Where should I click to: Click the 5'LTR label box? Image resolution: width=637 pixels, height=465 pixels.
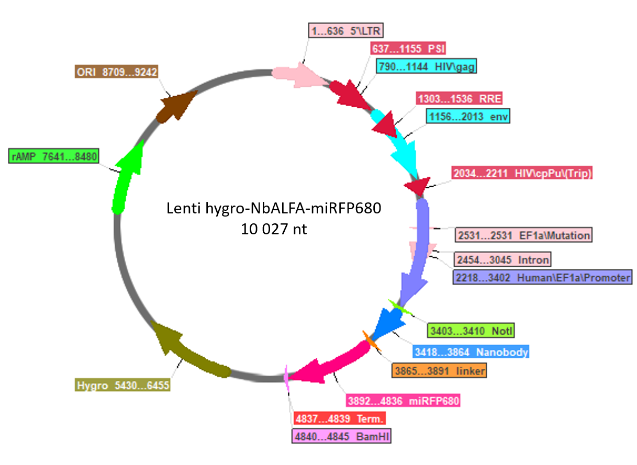346,30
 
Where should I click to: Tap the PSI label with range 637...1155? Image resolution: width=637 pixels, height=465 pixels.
408,48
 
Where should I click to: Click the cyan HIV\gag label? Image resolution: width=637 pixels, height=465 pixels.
426,66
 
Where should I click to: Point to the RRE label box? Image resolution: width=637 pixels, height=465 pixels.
459,99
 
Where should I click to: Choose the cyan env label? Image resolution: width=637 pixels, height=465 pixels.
468,116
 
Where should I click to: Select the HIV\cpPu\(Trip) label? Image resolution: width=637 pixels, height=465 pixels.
522,173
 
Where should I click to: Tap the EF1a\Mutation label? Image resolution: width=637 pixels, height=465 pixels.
524,235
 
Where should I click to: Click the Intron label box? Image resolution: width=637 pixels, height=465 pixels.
502,259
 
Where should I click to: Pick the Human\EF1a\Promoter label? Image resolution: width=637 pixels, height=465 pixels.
543,277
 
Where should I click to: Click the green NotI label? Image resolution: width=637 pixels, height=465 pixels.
471,331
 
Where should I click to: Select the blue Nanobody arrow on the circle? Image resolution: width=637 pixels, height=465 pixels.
388,323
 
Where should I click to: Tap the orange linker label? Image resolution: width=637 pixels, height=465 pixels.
439,371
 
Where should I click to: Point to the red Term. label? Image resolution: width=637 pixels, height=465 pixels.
340,418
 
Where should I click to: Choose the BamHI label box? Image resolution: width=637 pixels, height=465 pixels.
342,436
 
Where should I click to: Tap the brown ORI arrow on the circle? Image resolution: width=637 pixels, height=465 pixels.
176,107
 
